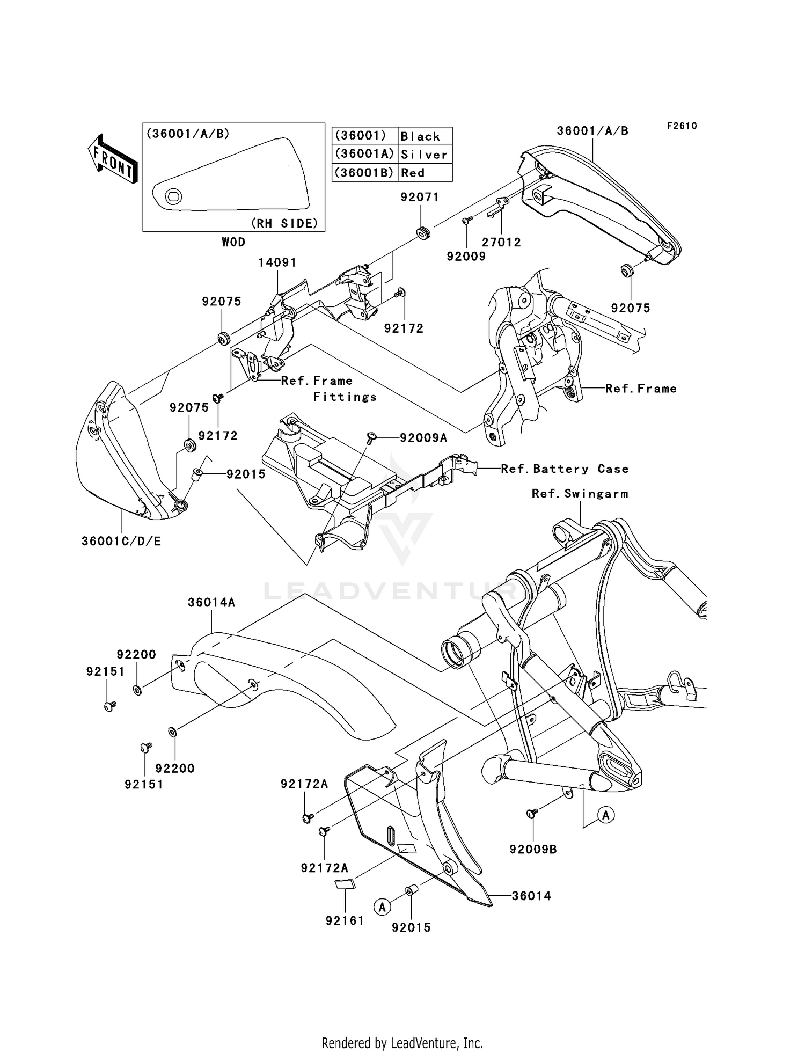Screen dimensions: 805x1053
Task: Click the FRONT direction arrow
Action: (113, 159)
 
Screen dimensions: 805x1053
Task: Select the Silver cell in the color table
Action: (425, 155)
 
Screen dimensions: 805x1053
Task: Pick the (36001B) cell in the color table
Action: (364, 173)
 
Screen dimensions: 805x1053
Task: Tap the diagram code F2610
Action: (682, 126)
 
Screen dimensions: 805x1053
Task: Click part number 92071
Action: (420, 197)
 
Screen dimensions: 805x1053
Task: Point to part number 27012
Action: (501, 242)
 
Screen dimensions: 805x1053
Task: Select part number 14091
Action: (277, 262)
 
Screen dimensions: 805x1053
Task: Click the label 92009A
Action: (423, 437)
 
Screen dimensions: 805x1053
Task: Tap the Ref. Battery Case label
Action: (565, 469)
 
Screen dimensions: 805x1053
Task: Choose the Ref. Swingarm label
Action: (580, 493)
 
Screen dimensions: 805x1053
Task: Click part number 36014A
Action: (211, 602)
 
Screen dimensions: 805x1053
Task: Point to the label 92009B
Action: (533, 849)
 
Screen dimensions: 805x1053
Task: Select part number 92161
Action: (345, 920)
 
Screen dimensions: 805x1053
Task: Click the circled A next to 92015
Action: (382, 907)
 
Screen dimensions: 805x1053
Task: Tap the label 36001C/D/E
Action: (121, 541)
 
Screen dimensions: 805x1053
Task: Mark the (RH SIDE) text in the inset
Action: (284, 223)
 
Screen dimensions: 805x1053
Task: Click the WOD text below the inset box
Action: (233, 242)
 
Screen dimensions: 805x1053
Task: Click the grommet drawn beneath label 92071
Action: (423, 233)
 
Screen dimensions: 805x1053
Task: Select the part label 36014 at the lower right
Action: (531, 895)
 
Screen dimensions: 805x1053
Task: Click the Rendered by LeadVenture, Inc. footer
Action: (402, 1043)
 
